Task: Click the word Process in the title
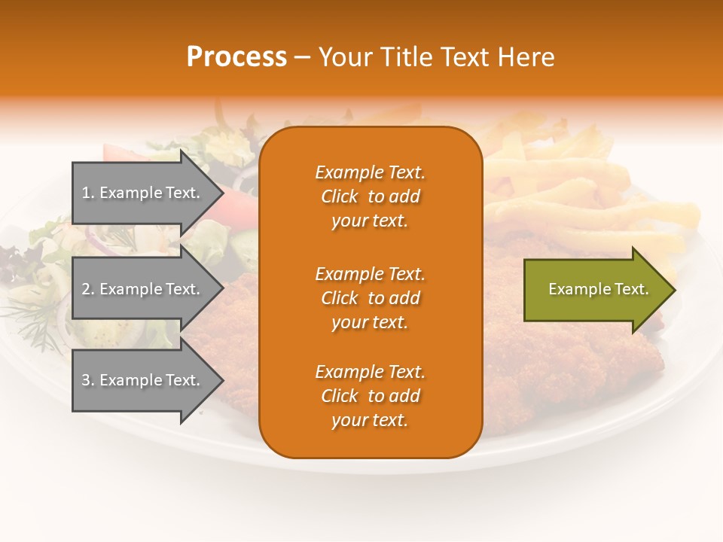point(236,57)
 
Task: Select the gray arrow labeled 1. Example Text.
point(143,193)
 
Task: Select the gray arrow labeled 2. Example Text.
point(143,289)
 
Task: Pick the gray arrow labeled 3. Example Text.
point(143,380)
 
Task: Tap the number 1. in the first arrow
point(88,193)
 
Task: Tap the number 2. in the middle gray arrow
point(88,289)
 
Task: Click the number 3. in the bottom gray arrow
point(88,380)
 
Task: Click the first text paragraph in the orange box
point(370,196)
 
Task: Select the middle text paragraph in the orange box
point(370,298)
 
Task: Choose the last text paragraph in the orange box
point(370,396)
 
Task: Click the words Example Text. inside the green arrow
point(598,289)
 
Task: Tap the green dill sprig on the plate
point(30,316)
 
